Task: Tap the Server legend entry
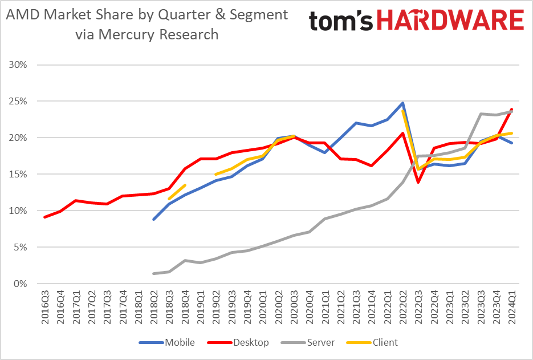click(x=319, y=342)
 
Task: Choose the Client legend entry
click(x=385, y=342)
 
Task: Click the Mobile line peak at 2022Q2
click(x=402, y=103)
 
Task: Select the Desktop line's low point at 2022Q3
click(x=418, y=182)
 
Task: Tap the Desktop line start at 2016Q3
click(x=45, y=217)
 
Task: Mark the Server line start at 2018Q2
click(x=154, y=273)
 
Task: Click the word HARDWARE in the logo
click(x=450, y=21)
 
